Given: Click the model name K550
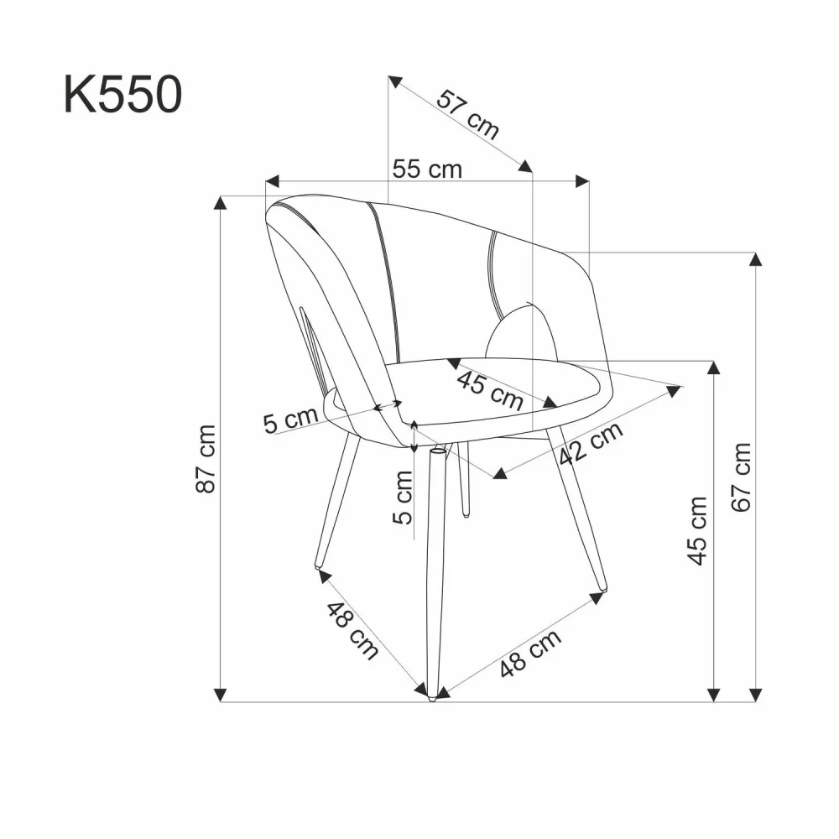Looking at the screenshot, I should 122,95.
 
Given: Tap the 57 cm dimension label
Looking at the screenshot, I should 467,113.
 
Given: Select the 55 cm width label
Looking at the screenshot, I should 427,169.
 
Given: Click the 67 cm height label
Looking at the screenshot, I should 741,477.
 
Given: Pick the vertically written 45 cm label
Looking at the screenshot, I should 697,530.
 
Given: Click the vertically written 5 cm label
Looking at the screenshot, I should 404,497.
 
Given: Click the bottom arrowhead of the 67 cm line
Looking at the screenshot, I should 756,694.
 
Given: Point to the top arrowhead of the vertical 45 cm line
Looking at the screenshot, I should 714,367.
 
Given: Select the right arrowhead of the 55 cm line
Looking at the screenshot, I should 581,180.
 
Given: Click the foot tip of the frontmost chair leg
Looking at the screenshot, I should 432,696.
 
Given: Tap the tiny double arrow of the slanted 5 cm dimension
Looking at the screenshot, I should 388,406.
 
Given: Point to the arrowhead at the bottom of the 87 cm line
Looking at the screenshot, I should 221,694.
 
